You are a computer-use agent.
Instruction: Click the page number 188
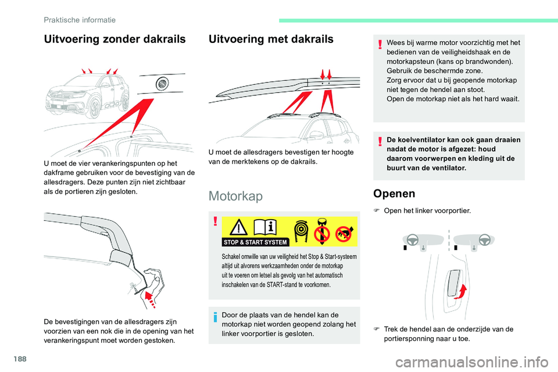pyautogui.click(x=20, y=359)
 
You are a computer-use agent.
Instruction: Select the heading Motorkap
pyautogui.click(x=235, y=196)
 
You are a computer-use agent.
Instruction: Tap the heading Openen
pyautogui.click(x=394, y=194)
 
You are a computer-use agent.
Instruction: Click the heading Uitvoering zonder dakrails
pyautogui.click(x=115, y=39)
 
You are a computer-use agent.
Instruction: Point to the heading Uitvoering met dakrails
pyautogui.click(x=271, y=39)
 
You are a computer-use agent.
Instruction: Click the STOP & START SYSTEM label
pyautogui.click(x=255, y=242)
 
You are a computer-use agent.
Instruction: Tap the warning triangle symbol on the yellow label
pyautogui.click(x=238, y=227)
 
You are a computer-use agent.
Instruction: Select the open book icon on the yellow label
pyautogui.click(x=265, y=227)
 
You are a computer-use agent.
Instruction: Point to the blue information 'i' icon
pyautogui.click(x=215, y=317)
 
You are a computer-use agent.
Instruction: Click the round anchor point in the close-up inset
pyautogui.click(x=162, y=84)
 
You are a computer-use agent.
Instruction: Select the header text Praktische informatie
pyautogui.click(x=80, y=20)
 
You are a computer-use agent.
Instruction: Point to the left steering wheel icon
pyautogui.click(x=413, y=240)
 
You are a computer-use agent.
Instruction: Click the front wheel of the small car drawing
pyautogui.click(x=95, y=108)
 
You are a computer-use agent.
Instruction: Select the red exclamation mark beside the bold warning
pyautogui.click(x=380, y=141)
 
